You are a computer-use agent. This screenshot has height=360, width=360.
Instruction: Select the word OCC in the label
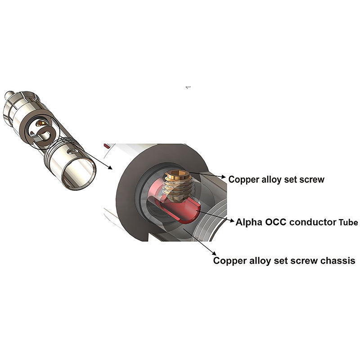275,222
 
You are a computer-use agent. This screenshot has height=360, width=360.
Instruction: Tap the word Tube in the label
348,222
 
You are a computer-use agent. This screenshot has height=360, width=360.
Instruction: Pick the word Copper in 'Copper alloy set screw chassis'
230,261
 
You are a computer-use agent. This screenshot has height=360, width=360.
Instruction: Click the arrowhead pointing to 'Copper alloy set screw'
223,177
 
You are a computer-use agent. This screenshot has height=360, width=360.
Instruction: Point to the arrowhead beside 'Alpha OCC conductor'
232,221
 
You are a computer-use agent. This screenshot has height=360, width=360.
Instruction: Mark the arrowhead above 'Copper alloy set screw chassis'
214,252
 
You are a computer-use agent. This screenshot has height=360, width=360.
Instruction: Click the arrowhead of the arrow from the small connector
110,167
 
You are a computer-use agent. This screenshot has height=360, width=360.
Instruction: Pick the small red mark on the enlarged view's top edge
107,145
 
